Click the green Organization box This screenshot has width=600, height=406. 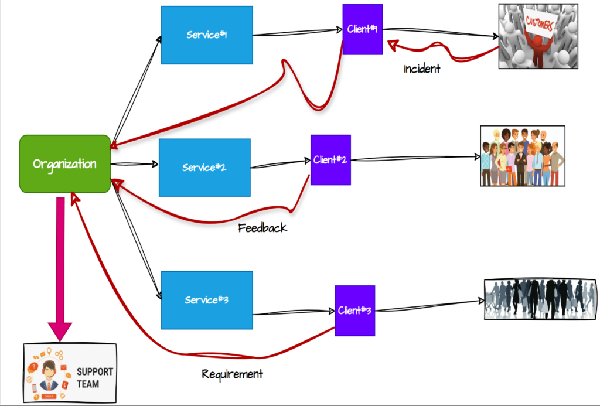[x=64, y=164]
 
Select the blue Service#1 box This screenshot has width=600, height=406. [x=207, y=35]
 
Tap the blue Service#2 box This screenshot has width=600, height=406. [x=204, y=168]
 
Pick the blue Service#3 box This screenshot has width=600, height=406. [x=207, y=300]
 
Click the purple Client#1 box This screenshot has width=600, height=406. [x=362, y=29]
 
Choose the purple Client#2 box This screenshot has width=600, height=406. [x=330, y=160]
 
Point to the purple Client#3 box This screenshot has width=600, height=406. [x=354, y=311]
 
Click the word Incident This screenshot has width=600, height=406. [x=422, y=69]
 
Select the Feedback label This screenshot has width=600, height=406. [x=262, y=228]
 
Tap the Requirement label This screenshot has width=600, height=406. [x=233, y=374]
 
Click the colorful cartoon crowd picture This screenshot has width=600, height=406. [x=522, y=156]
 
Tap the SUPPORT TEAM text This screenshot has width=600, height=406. [x=95, y=378]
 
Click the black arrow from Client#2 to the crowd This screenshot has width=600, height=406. [x=416, y=158]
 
